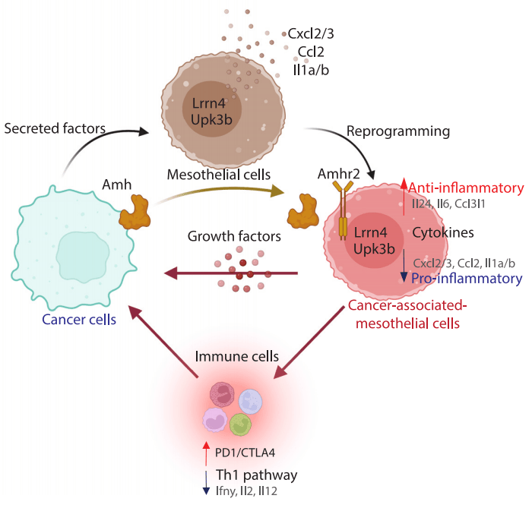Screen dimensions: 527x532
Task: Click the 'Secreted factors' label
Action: click(55, 128)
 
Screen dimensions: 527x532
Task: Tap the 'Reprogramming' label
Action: click(398, 131)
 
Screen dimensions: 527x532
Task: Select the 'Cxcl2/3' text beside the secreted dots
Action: click(310, 33)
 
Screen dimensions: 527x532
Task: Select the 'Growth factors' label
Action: click(234, 236)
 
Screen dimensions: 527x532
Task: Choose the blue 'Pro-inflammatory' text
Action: click(467, 279)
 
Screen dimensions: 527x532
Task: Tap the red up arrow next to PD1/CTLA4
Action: click(206, 453)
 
